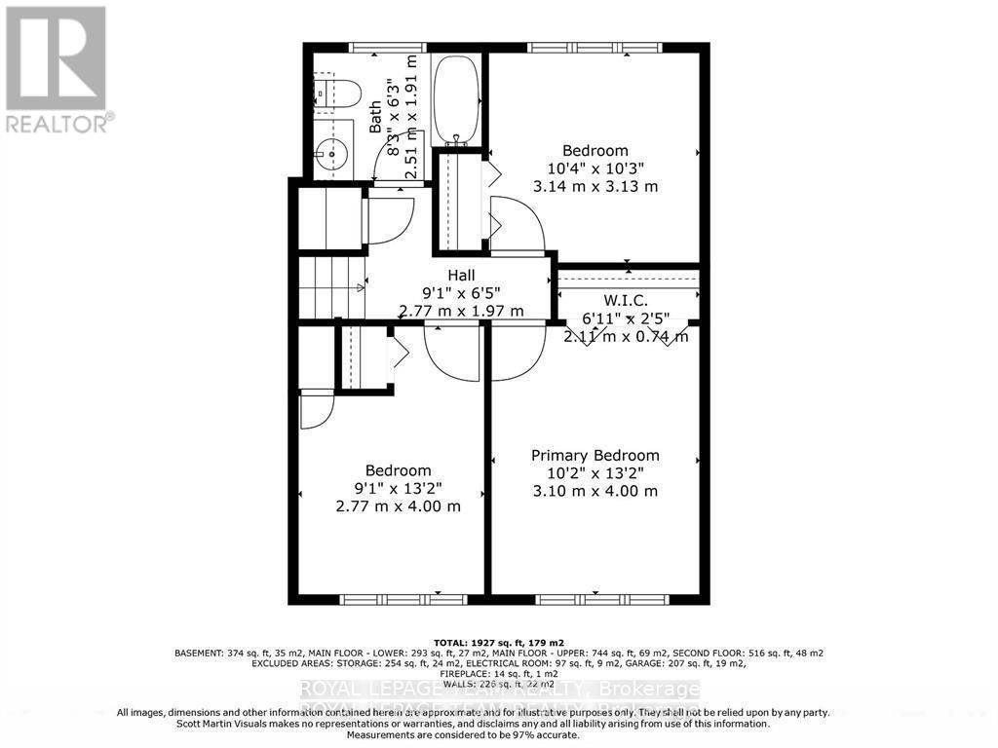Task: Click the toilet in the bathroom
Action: [338, 92]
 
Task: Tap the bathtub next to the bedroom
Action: [456, 98]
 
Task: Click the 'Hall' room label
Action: [461, 276]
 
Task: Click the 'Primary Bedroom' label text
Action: [595, 455]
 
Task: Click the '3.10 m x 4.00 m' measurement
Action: [595, 491]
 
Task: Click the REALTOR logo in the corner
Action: [57, 68]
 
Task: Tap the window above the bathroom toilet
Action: [387, 47]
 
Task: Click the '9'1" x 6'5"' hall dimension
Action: [461, 293]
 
